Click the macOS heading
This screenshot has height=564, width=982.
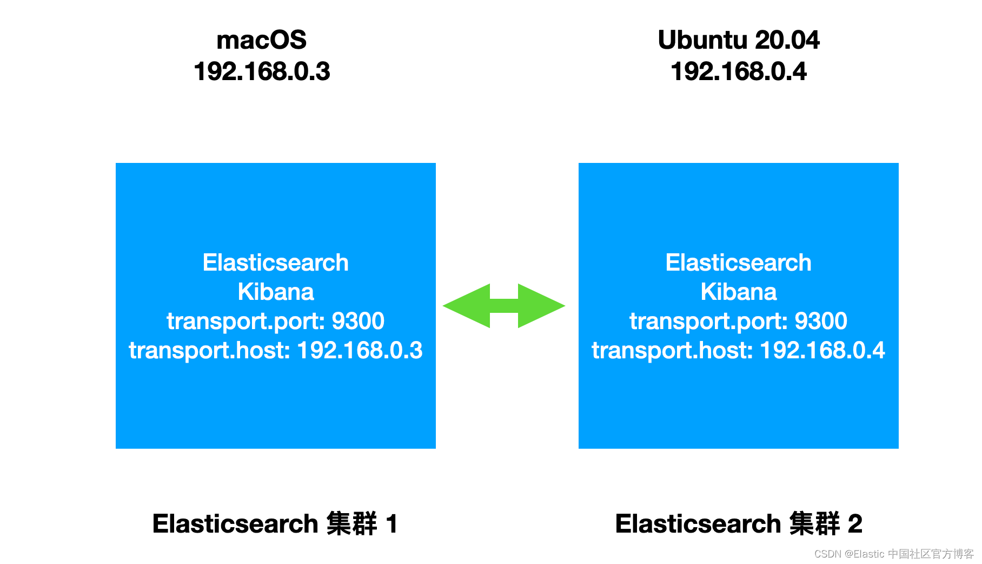[x=261, y=40]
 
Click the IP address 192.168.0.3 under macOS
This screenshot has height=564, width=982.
[x=262, y=71]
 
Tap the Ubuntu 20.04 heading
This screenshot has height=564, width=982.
[x=738, y=40]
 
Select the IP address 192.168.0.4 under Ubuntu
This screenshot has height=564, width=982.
[x=738, y=71]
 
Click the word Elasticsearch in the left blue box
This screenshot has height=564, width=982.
[x=275, y=263]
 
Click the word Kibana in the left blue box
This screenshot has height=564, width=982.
[x=275, y=292]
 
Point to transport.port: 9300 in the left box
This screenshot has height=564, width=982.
[x=275, y=321]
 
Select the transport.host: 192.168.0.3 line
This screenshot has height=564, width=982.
[x=275, y=350]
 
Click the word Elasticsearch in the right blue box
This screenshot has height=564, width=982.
[x=738, y=263]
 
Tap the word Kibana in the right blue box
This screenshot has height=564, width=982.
[x=738, y=292]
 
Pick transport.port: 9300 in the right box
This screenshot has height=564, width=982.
[x=738, y=321]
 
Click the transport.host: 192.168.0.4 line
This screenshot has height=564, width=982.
[x=738, y=350]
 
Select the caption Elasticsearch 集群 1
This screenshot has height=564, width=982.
[x=275, y=524]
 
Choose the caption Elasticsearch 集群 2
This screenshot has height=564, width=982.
[x=738, y=524]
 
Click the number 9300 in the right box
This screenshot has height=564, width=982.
[x=820, y=321]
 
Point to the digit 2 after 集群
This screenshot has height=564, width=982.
[x=854, y=524]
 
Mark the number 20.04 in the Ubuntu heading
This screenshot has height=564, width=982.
[x=787, y=40]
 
